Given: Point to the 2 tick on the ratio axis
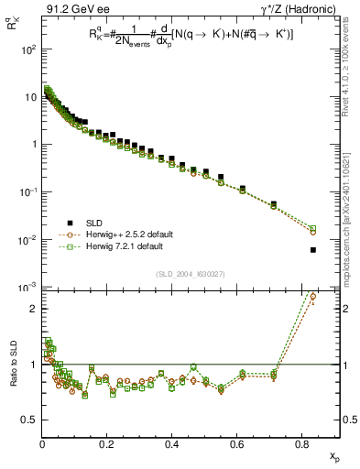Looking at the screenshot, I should (x=33, y=309).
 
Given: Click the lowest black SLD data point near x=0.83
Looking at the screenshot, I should (x=313, y=250).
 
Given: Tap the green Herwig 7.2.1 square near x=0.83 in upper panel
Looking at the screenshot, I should (x=313, y=228).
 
